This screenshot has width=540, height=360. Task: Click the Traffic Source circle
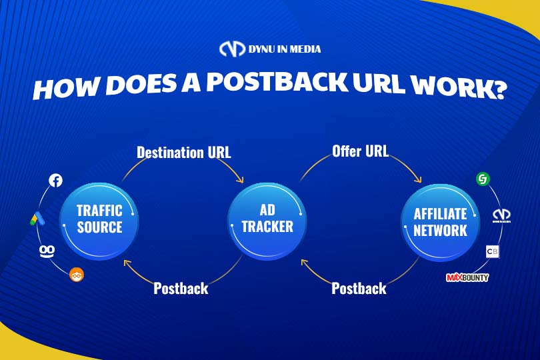coord(99,221)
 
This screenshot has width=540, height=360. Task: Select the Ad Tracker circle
coord(267,221)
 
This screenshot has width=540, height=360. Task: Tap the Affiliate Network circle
coord(441,222)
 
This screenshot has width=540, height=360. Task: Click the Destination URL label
coord(184,152)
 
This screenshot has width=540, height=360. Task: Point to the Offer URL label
coord(360,151)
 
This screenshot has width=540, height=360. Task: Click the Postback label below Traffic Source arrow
coord(181,288)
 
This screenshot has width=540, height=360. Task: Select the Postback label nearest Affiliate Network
coord(359,288)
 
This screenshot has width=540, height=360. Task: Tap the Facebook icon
coord(55,180)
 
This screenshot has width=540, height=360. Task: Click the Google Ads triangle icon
coord(37,219)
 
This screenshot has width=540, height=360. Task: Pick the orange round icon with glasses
coord(77,275)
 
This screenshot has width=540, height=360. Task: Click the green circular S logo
coord(483,179)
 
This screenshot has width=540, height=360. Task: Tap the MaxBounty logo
coord(467,277)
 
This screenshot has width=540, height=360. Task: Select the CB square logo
coord(492,251)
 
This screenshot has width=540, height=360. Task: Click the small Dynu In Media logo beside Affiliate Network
coord(501,215)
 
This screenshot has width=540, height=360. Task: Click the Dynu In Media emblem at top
coord(232,49)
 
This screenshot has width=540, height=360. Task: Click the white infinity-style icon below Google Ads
coord(47,251)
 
